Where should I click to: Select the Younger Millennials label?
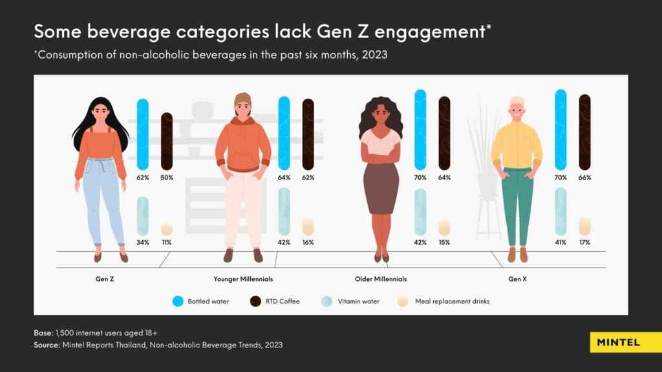coord(243,279)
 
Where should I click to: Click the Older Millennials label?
coord(381,279)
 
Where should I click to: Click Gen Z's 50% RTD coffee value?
coord(167,177)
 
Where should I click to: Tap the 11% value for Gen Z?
coord(167,242)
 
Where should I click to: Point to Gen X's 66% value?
coord(584,177)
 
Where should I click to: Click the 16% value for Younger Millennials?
coord(308,242)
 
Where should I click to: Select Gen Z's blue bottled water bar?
coord(143,134)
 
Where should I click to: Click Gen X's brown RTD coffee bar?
coord(584,132)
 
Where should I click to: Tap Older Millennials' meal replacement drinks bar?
coord(444,227)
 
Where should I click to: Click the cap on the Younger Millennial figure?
coord(243,99)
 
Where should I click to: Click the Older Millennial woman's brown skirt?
coord(381,187)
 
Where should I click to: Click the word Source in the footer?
coord(48,346)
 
